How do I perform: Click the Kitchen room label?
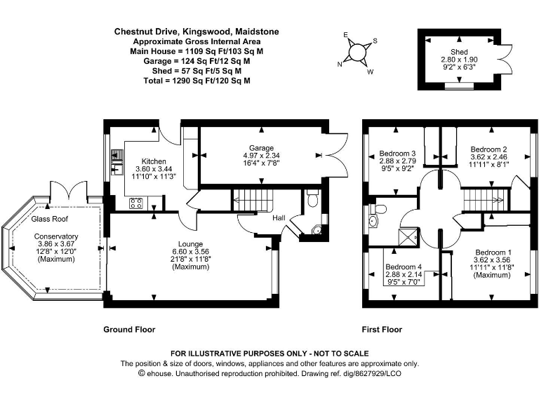(154, 161)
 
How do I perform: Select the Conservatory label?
(56, 236)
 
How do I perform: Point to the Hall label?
(279, 218)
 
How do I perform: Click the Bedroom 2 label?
(488, 149)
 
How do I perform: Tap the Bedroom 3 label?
(398, 153)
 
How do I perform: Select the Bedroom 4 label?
(403, 267)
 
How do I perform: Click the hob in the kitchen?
(136, 203)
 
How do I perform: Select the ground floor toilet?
(313, 200)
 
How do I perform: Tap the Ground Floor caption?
(129, 329)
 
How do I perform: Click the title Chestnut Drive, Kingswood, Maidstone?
(187, 32)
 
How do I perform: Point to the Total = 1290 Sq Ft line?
(187, 81)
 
